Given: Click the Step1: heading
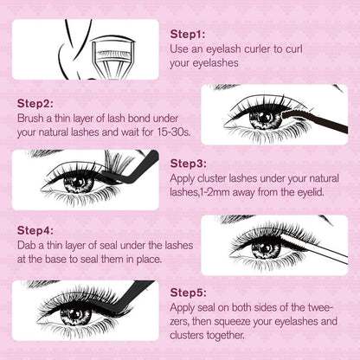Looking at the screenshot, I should pos(188,34).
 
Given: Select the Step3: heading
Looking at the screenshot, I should pos(188,163).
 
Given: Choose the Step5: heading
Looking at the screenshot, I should pos(188,293).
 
